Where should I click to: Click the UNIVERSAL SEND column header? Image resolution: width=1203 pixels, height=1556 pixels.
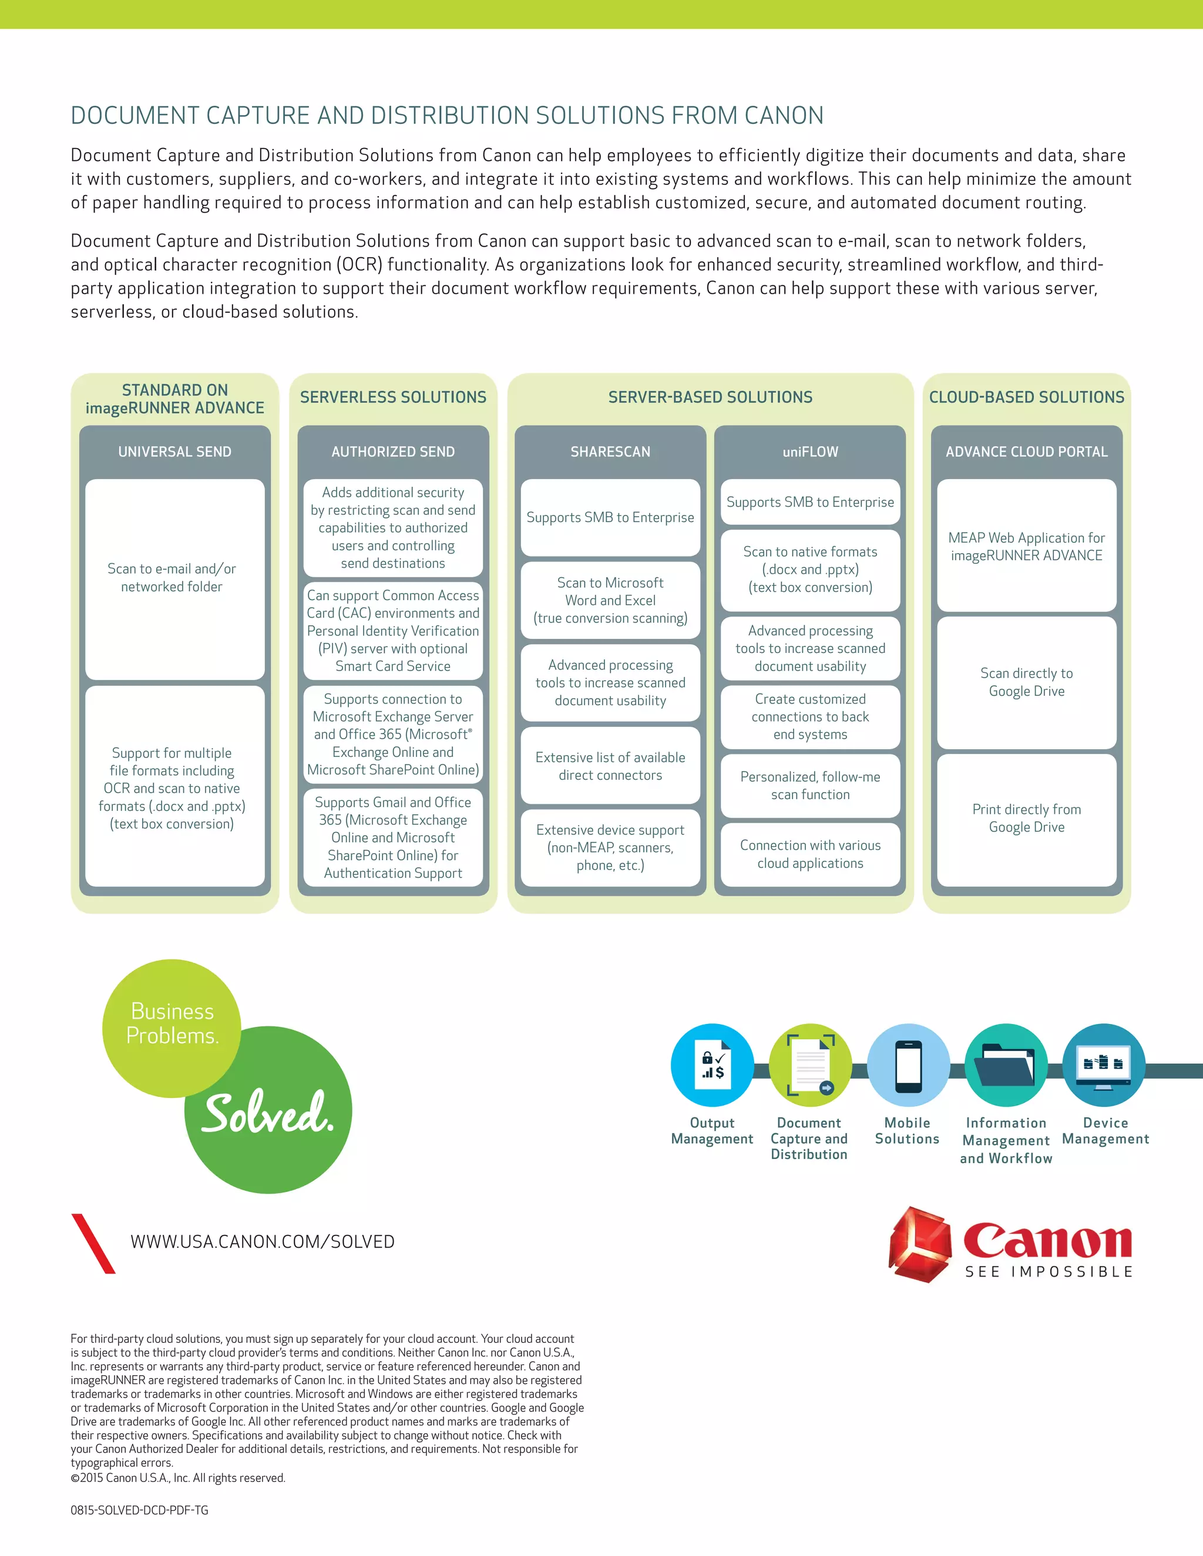174,452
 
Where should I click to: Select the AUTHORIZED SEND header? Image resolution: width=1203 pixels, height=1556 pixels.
393,452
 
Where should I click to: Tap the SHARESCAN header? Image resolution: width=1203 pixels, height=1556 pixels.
610,452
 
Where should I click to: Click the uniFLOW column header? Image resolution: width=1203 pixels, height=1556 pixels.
810,452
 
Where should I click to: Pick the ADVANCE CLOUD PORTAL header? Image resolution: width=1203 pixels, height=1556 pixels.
1026,452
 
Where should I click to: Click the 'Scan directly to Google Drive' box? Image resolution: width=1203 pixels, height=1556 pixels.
1026,682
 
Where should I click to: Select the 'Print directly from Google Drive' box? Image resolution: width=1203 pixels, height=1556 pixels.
1026,818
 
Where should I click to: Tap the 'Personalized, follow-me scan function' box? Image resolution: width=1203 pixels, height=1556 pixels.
810,785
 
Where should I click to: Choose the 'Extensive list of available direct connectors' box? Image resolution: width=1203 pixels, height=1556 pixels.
610,766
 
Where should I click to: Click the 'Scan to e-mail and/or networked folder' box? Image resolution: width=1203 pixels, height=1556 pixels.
172,578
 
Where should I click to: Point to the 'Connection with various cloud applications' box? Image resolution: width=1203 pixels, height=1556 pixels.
810,854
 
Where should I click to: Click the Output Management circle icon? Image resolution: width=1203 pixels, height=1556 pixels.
712,1065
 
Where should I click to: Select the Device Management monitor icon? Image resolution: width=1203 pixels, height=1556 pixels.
1103,1065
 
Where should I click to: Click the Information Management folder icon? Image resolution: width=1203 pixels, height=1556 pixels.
1006,1065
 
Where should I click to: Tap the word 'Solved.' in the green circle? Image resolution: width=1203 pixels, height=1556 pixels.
268,1113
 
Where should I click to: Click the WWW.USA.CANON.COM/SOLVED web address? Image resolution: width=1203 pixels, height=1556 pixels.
262,1242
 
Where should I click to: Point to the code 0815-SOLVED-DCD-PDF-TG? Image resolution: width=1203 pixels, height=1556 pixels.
140,1510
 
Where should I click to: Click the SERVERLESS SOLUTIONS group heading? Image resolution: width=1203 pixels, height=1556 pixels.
393,398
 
